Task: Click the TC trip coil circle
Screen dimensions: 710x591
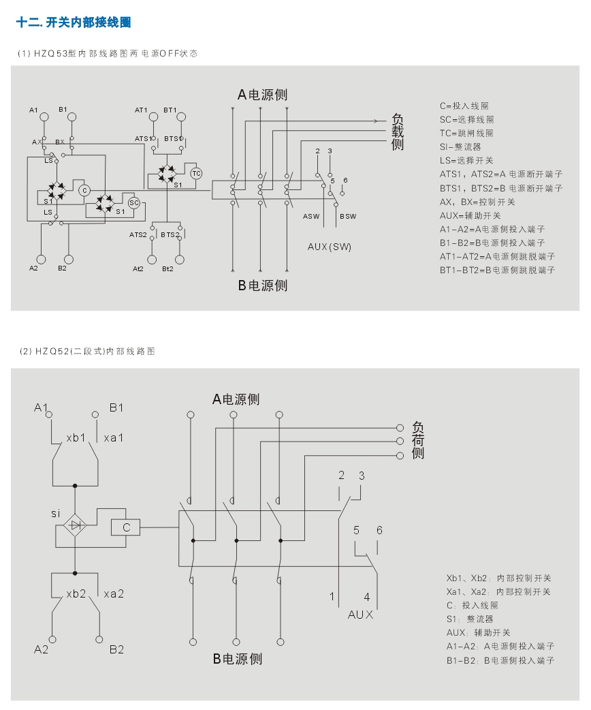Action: click(x=196, y=173)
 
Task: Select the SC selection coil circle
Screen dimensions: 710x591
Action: click(x=134, y=202)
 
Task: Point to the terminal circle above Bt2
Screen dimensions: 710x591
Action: click(x=180, y=259)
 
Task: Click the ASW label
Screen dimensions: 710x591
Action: click(x=311, y=217)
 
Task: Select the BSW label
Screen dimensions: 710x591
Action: click(x=347, y=217)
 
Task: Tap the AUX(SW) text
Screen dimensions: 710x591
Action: click(x=330, y=247)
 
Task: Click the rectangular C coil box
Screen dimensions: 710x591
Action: click(x=126, y=527)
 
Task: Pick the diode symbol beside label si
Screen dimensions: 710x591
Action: click(x=75, y=525)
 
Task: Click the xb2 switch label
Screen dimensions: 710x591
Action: click(x=76, y=593)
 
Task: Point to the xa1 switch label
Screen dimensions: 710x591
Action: click(x=114, y=437)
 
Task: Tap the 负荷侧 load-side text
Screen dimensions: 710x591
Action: click(x=418, y=439)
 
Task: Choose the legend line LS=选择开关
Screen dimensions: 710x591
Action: click(x=466, y=161)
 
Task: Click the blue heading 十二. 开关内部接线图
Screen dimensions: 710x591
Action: click(x=74, y=23)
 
